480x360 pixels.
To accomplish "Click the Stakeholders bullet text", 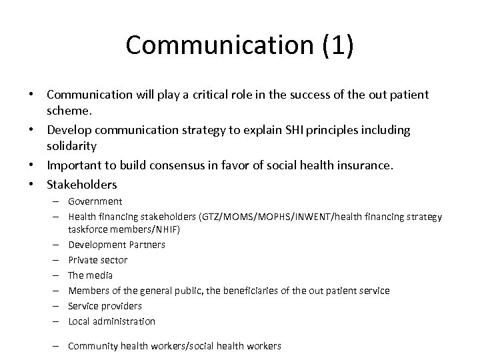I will (x=81, y=184).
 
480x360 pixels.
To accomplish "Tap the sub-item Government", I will (x=95, y=201).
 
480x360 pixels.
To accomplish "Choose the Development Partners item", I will (x=117, y=244).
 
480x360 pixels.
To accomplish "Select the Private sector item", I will (x=98, y=259).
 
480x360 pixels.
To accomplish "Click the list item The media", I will (x=91, y=275).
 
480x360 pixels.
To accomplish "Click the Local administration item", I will (x=112, y=321).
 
